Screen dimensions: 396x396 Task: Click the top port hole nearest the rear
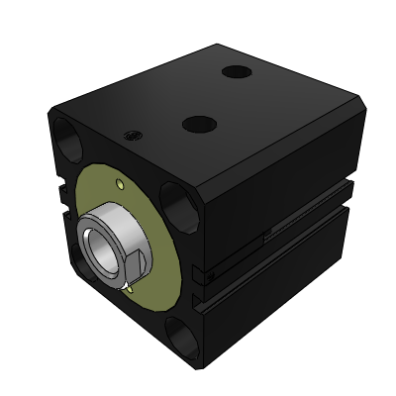[x=236, y=72]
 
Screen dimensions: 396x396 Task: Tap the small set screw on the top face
[x=130, y=137]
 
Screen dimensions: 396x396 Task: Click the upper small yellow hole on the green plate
[x=120, y=184]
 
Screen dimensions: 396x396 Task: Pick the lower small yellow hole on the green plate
[x=130, y=290]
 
